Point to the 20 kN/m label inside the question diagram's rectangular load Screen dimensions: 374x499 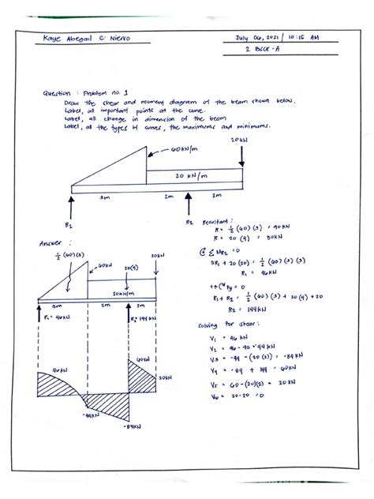click(x=193, y=177)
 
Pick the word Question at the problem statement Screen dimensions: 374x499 click(x=58, y=93)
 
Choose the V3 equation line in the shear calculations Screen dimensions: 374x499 click(x=237, y=356)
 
